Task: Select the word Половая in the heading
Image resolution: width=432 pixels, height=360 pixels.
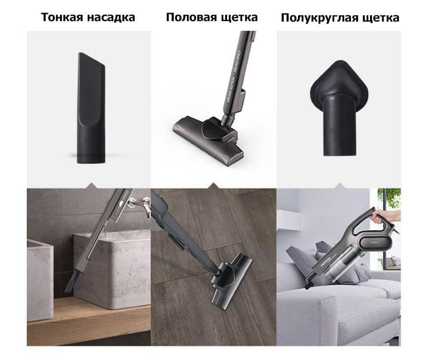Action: [191, 18]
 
